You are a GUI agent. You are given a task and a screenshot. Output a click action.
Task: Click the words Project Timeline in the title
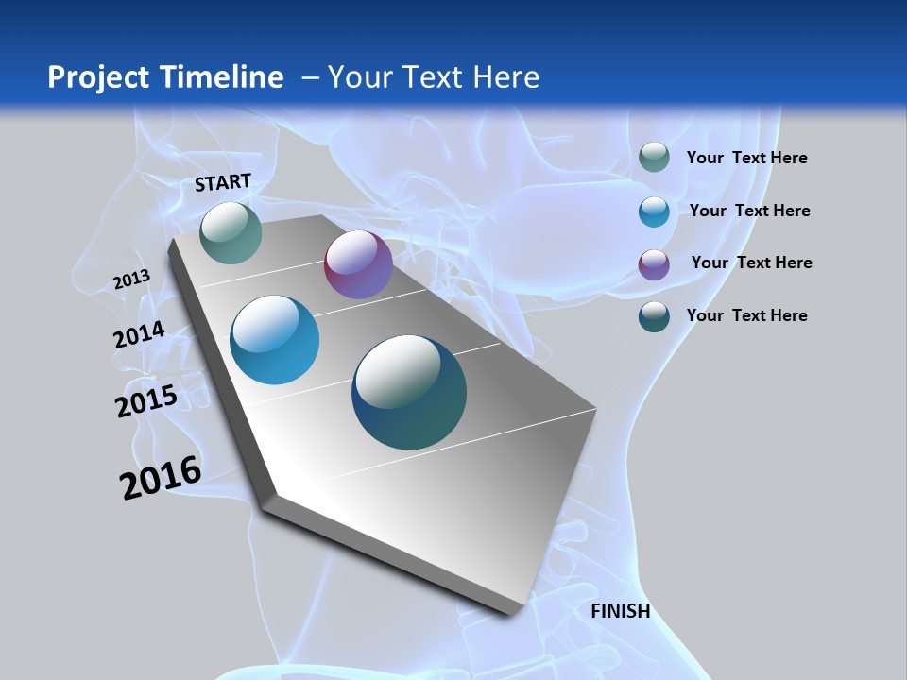(x=165, y=77)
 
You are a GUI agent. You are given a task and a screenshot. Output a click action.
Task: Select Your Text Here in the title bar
(x=434, y=77)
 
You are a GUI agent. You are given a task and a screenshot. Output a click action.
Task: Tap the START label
(x=223, y=182)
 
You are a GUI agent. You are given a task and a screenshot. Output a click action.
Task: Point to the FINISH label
(x=621, y=611)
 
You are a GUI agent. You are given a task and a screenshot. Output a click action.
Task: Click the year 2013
(x=131, y=280)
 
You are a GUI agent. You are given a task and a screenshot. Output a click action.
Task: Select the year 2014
(x=139, y=334)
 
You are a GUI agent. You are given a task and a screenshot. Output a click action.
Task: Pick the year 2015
(x=146, y=401)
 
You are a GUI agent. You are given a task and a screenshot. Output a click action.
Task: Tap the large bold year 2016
(x=161, y=478)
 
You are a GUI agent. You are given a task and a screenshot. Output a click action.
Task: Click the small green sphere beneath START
(x=231, y=232)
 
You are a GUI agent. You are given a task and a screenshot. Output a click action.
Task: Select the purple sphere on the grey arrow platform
(x=358, y=264)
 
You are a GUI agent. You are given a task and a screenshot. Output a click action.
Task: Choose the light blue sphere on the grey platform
(x=275, y=340)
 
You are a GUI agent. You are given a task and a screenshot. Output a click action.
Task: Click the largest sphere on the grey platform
(x=409, y=392)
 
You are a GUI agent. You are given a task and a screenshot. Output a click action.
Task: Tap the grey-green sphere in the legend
(x=654, y=158)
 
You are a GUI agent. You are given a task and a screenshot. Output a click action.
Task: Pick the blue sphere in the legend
(x=654, y=212)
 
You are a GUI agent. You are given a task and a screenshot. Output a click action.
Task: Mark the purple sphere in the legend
(x=654, y=264)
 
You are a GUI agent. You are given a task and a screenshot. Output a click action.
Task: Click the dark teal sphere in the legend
(x=654, y=316)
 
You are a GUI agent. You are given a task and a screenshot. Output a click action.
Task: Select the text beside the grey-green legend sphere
(x=746, y=158)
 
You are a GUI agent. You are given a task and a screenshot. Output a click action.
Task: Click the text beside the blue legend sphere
(x=749, y=211)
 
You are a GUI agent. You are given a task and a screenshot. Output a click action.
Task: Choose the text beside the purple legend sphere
(x=751, y=263)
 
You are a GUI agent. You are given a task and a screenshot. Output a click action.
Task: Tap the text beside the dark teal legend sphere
(x=746, y=315)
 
